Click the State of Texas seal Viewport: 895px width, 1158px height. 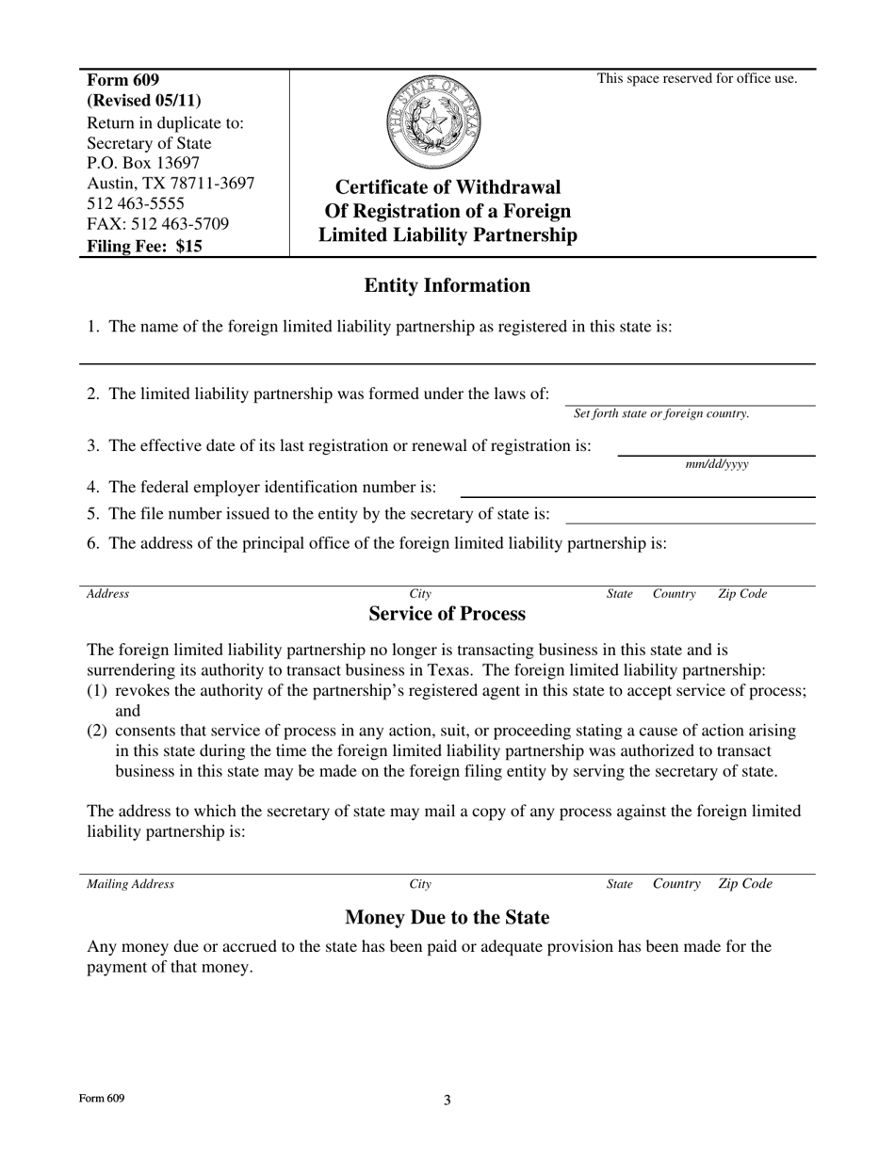coord(432,123)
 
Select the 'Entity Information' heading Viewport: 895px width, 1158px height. coord(447,285)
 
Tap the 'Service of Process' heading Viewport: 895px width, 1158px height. coord(447,614)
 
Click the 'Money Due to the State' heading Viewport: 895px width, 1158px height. coord(447,916)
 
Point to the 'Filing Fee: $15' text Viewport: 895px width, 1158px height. coord(144,247)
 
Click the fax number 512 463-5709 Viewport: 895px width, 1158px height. coord(157,224)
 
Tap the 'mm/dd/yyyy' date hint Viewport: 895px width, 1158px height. coord(716,464)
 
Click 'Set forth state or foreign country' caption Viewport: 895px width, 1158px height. coord(661,413)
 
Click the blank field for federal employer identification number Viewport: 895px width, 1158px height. coord(637,488)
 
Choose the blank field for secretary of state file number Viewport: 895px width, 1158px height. coord(690,514)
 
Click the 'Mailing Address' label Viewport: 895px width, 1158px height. coord(130,884)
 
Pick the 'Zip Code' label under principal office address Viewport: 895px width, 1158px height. coord(742,594)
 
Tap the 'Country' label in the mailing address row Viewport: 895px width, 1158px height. coord(676,884)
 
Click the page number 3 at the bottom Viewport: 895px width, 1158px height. coord(447,1100)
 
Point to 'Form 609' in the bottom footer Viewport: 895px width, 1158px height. coord(102,1099)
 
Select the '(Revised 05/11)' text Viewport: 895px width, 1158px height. coord(143,101)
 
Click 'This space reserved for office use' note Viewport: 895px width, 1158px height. coord(697,78)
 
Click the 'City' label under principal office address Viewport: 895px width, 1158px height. coord(420,594)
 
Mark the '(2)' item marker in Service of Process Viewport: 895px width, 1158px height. coord(98,731)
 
